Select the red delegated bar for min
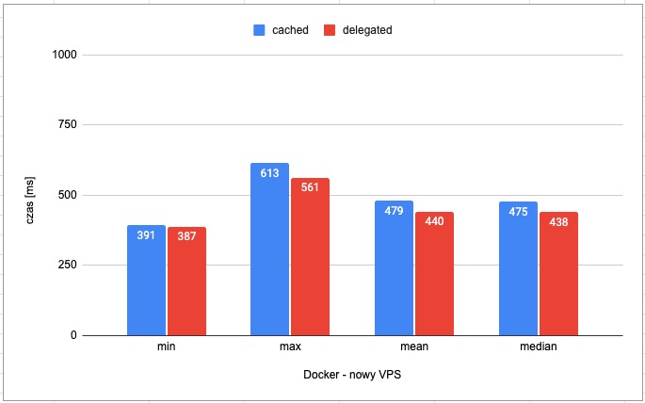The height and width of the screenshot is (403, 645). [186, 282]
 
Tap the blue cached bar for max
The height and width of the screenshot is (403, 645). [270, 250]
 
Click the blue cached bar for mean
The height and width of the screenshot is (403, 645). [394, 268]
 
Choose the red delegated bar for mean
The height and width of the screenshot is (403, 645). [434, 274]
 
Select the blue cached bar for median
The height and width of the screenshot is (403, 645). [518, 269]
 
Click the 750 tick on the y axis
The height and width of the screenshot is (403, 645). [68, 124]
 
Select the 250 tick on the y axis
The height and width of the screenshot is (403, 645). [68, 266]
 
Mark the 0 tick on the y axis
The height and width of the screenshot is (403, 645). [73, 335]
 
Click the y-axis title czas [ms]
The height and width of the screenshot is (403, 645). [31, 196]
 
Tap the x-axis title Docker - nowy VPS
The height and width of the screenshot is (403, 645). [352, 375]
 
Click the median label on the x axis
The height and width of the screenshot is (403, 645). [538, 347]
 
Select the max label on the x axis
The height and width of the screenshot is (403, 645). [290, 347]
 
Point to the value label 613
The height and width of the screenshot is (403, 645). [270, 173]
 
